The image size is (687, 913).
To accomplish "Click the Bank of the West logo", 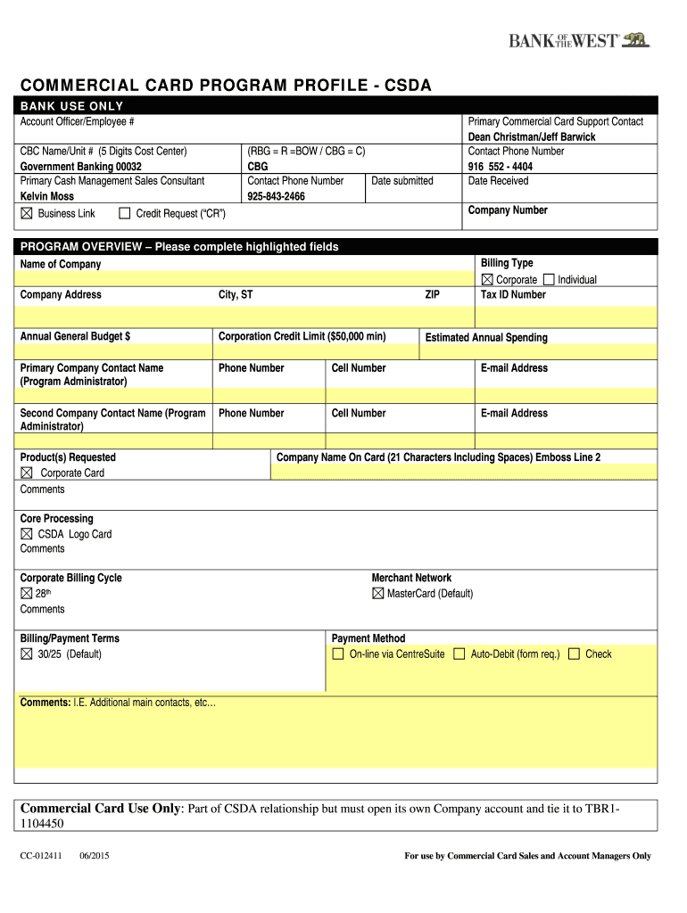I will (579, 40).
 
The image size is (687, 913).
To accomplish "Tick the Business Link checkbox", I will (26, 213).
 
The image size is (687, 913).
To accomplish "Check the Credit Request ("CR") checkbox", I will (124, 213).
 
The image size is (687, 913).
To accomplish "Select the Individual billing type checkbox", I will (548, 279).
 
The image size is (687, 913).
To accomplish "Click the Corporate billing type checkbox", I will (487, 279).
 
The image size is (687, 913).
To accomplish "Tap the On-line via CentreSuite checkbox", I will (338, 654).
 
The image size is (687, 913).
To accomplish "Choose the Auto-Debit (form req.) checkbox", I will (459, 654).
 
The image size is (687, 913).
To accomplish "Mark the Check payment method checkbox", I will (574, 654).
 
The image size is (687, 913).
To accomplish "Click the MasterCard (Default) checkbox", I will (377, 593).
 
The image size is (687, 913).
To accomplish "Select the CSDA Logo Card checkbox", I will (26, 534).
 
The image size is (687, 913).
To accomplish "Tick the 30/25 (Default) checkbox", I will (26, 654).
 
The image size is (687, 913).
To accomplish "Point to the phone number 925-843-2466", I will (276, 196).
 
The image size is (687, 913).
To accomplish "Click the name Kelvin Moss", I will (47, 196).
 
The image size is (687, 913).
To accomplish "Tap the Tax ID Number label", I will (513, 294).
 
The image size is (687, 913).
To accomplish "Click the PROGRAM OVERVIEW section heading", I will (179, 247).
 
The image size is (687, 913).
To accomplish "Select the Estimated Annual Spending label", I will (486, 338).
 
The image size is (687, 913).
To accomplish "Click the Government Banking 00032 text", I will (81, 166).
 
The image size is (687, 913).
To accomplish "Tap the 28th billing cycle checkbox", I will (26, 593).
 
